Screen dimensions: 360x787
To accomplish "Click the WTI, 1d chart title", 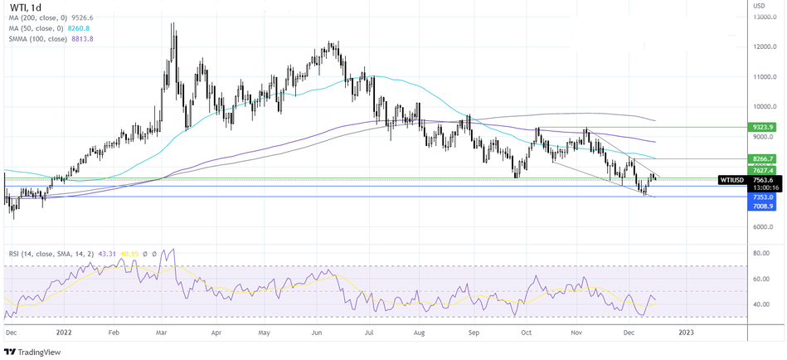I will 29,11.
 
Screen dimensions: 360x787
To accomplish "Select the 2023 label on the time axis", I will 687,332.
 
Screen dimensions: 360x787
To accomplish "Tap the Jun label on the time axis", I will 316,332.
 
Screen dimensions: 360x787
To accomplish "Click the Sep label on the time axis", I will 474,332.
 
